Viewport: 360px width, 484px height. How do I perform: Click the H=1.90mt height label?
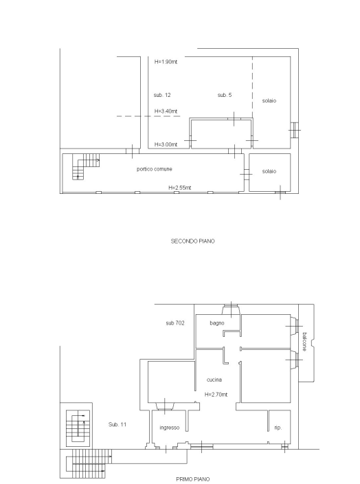(x=166, y=62)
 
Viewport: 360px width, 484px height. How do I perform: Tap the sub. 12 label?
(x=162, y=95)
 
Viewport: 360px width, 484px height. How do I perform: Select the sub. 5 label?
(x=224, y=95)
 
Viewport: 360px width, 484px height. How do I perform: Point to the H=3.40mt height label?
(x=166, y=111)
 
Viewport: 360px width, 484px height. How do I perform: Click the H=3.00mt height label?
(x=166, y=144)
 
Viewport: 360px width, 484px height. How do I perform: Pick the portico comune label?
(x=155, y=169)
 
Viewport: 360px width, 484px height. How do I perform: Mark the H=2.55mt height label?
(x=179, y=188)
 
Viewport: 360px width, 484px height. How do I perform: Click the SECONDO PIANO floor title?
(x=192, y=241)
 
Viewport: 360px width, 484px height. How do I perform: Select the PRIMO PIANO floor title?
(x=193, y=479)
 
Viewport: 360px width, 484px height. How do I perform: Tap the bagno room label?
(x=217, y=323)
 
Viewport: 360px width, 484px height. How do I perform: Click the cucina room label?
(x=214, y=379)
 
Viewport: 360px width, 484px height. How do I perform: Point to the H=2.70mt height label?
(x=216, y=395)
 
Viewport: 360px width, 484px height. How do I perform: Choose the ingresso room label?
(x=170, y=428)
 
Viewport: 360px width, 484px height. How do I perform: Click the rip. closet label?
(x=278, y=428)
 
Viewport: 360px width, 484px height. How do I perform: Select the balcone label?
(x=304, y=342)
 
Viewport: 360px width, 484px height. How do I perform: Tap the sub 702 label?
(x=175, y=323)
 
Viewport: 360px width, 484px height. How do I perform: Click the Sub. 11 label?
(x=117, y=424)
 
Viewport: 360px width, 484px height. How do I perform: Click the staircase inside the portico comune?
(x=86, y=166)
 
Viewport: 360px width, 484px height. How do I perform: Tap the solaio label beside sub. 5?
(x=269, y=100)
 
